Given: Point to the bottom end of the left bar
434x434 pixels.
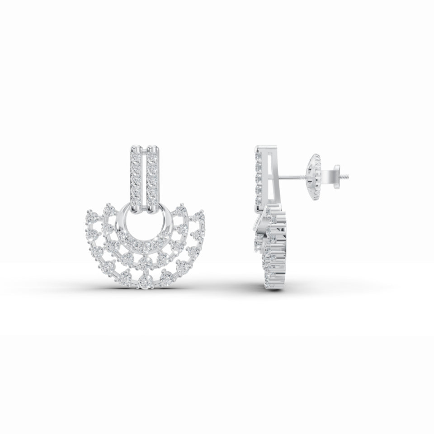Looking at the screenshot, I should [x=136, y=209].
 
